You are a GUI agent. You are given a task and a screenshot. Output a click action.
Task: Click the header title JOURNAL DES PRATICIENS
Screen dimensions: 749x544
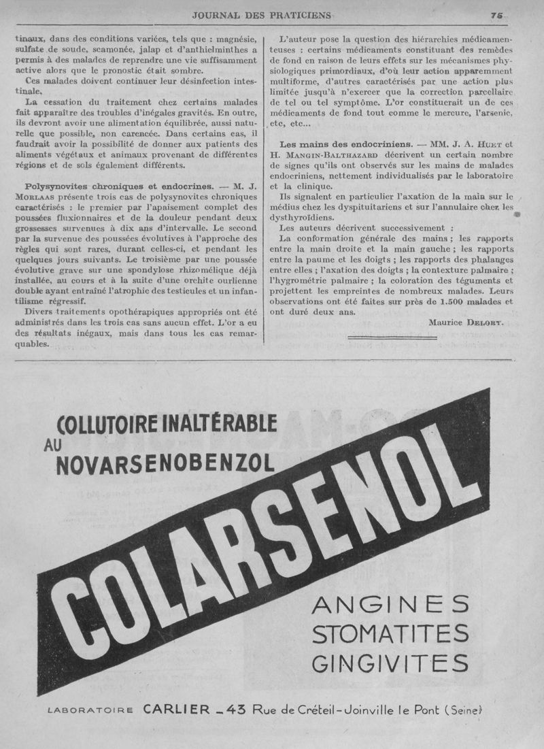pos(262,15)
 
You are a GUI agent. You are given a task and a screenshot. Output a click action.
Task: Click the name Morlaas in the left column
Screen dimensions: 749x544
pos(45,197)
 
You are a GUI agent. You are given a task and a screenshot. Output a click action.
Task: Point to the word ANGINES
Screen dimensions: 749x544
pos(390,604)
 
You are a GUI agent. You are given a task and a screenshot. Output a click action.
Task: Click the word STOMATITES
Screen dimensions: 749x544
pos(390,633)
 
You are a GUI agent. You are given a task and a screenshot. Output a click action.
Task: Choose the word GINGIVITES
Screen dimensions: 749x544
pos(390,661)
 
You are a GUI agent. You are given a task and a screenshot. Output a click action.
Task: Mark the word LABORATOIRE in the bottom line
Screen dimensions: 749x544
pos(91,711)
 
